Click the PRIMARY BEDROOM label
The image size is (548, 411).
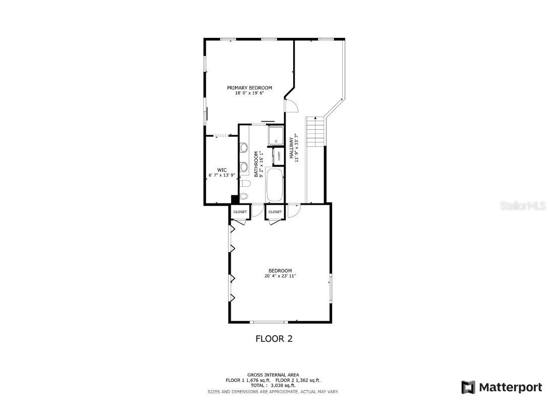click(249, 88)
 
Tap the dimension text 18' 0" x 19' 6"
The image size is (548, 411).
click(249, 93)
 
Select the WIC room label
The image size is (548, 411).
click(222, 170)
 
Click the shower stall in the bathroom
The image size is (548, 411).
click(276, 135)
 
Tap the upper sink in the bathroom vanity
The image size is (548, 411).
click(244, 148)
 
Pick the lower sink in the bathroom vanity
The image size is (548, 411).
click(244, 166)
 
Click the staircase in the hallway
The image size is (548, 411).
click(314, 131)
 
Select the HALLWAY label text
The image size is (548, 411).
click(292, 149)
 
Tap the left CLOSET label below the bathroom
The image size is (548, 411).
click(240, 212)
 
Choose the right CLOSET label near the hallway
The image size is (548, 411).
click(275, 212)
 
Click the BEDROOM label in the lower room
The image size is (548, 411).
click(280, 271)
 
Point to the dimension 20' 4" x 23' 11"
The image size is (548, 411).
click(280, 276)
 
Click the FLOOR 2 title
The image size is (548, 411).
click(274, 339)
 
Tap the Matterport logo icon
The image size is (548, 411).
click(468, 387)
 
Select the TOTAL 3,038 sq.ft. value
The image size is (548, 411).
click(273, 385)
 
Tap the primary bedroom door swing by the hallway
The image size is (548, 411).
click(291, 105)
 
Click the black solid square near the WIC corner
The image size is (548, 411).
click(235, 199)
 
